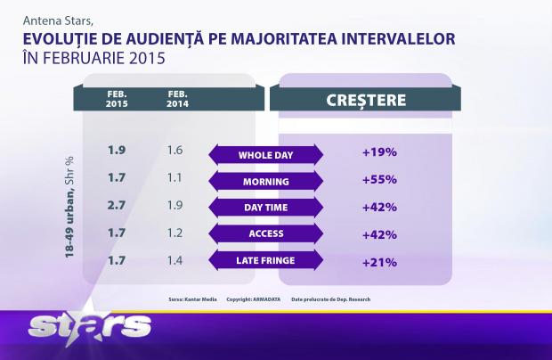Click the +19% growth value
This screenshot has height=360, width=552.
coord(379,152)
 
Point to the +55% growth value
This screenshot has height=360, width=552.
coord(379,180)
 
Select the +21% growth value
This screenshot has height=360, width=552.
coord(379,261)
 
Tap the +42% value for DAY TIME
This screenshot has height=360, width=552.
coord(379,207)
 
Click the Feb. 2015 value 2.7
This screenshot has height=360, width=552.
coord(116,206)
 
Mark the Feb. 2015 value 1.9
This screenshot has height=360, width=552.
coord(116,151)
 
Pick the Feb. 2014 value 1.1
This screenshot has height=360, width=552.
coord(175,178)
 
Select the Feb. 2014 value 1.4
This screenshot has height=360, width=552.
coord(175,260)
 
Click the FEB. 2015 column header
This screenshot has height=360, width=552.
coord(117,98)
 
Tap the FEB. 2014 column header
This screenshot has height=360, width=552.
coord(177,98)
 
